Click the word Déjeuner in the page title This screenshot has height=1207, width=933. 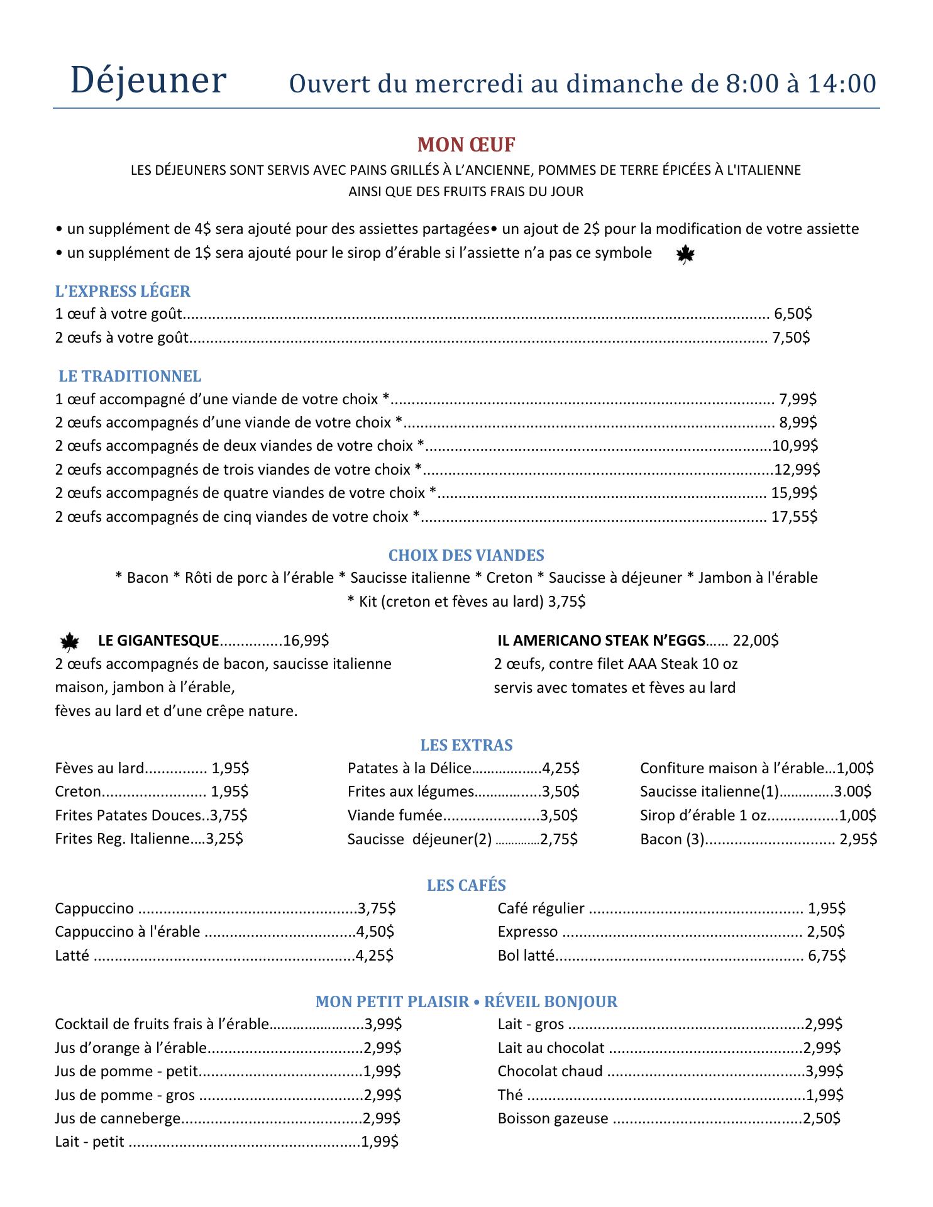pyautogui.click(x=148, y=81)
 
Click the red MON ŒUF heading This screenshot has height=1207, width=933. pyautogui.click(x=466, y=145)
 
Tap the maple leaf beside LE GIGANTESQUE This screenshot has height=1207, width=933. pyautogui.click(x=69, y=642)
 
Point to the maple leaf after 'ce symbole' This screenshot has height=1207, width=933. pyautogui.click(x=685, y=255)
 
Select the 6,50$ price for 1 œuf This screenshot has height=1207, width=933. pyautogui.click(x=792, y=313)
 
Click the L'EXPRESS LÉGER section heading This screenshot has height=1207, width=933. pyautogui.click(x=123, y=291)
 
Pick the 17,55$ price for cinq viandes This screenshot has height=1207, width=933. pyautogui.click(x=794, y=517)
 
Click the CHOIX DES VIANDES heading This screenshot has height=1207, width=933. pyautogui.click(x=466, y=555)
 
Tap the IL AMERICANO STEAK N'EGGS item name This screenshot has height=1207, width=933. pyautogui.click(x=600, y=641)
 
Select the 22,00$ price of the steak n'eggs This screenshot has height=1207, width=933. pyautogui.click(x=756, y=641)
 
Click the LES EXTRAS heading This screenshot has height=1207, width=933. pyautogui.click(x=466, y=745)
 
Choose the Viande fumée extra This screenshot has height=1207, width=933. pyautogui.click(x=395, y=815)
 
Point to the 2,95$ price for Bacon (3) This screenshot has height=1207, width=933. pyautogui.click(x=858, y=839)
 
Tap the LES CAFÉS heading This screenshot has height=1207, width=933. pyautogui.click(x=466, y=885)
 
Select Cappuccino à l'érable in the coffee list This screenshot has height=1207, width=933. pyautogui.click(x=127, y=932)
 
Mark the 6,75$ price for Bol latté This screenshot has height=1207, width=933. pyautogui.click(x=827, y=956)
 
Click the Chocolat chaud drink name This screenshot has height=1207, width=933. pyautogui.click(x=549, y=1071)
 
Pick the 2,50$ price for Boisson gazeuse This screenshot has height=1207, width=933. pyautogui.click(x=821, y=1118)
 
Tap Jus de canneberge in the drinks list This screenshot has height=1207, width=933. pyautogui.click(x=118, y=1118)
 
